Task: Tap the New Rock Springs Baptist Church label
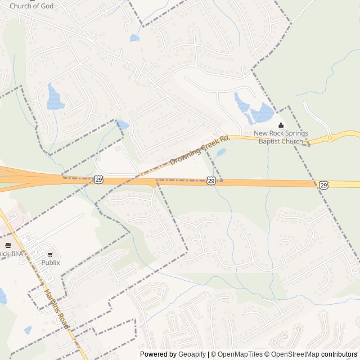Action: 281,137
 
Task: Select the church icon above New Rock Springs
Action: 281,125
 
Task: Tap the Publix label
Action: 50,262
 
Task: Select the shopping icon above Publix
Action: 50,252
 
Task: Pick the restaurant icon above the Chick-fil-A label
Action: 8,245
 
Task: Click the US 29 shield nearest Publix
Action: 99,179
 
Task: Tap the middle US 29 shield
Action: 210,181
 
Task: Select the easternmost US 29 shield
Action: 323,184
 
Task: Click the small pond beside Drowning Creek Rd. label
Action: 221,152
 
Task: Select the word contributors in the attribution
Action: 339,354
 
